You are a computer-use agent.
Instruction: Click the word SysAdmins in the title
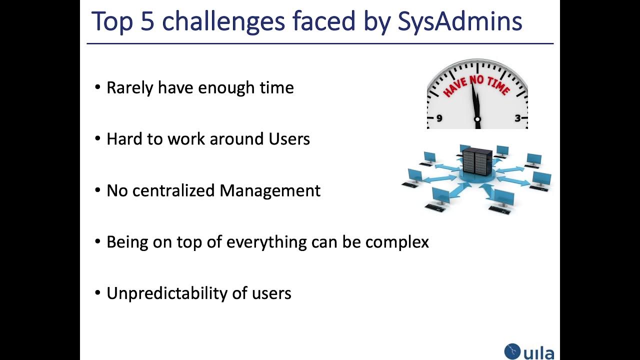[x=459, y=22]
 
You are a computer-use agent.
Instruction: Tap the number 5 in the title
[x=147, y=22]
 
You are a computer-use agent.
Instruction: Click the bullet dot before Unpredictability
[x=97, y=293]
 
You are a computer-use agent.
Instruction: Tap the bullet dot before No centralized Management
[x=97, y=190]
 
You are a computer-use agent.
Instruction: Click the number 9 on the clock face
[x=439, y=118]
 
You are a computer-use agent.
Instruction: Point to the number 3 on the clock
[x=517, y=118]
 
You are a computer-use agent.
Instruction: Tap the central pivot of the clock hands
[x=477, y=119]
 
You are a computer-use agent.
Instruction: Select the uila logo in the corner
[x=529, y=351]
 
